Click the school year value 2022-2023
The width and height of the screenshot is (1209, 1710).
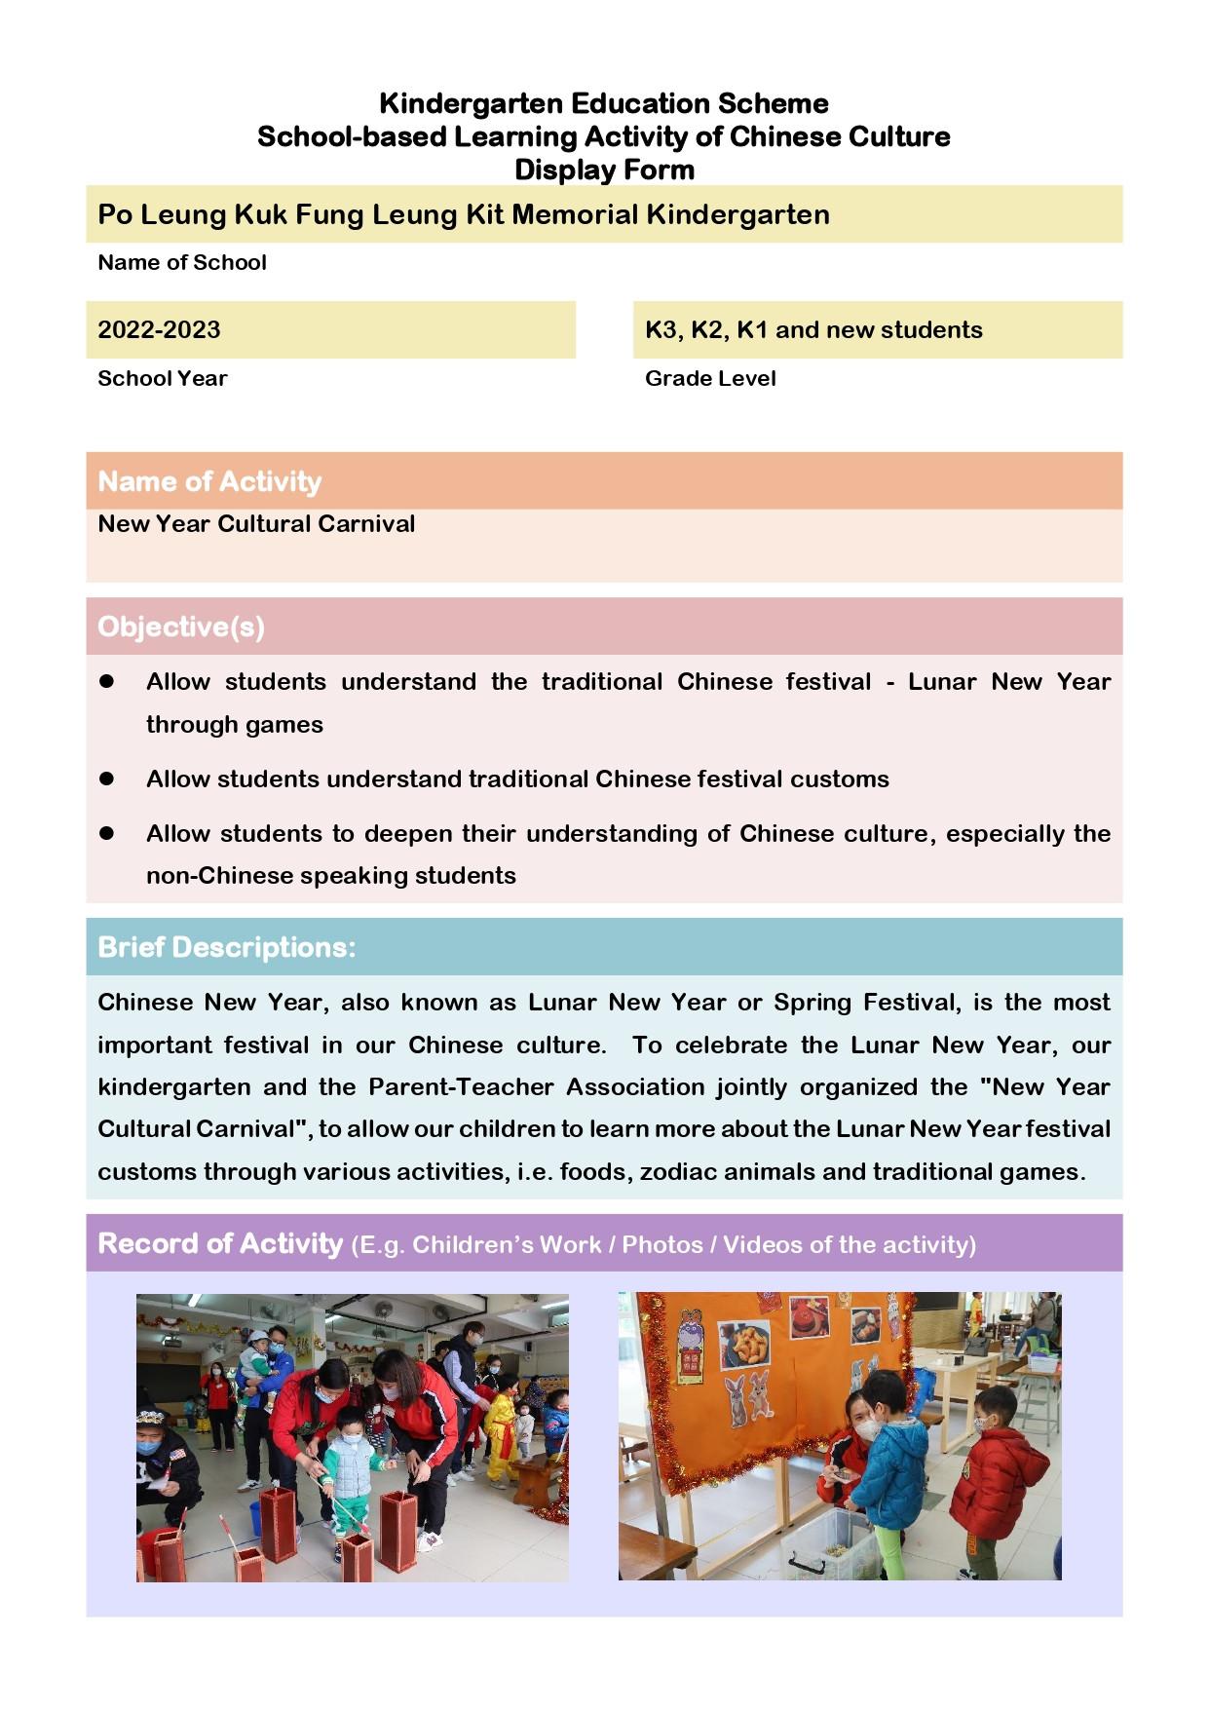click(x=159, y=329)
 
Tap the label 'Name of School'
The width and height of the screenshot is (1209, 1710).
click(x=182, y=262)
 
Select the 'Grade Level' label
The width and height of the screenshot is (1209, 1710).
click(x=710, y=378)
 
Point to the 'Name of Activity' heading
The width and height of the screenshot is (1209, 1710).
click(x=209, y=481)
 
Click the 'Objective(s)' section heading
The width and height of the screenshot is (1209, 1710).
click(x=181, y=627)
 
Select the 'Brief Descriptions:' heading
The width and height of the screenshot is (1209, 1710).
click(x=227, y=947)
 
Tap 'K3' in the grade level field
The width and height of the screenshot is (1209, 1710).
click(x=662, y=329)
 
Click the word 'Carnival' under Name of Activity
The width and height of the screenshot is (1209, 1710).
click(x=365, y=523)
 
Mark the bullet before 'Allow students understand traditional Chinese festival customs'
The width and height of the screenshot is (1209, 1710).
click(x=107, y=779)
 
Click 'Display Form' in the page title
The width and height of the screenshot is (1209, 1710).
click(x=604, y=170)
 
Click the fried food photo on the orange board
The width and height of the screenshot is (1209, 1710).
click(x=744, y=1346)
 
